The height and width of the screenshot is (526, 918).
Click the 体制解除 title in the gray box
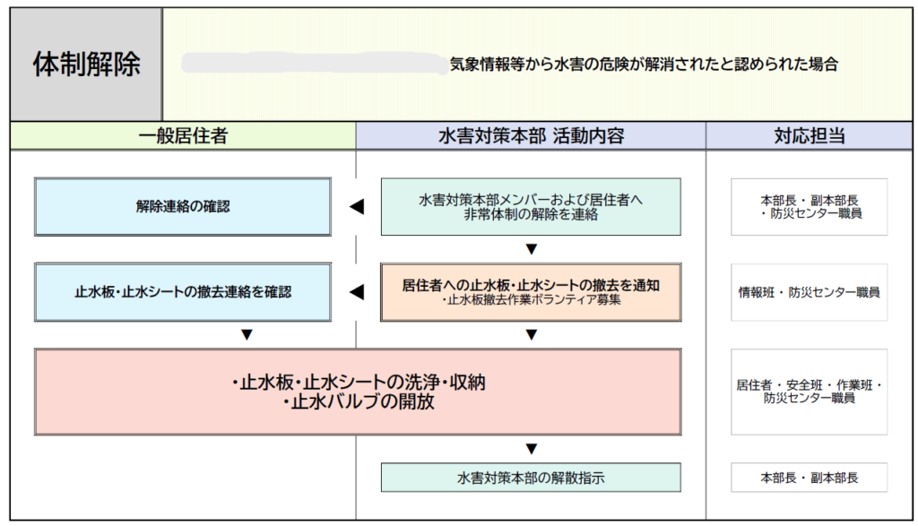[87, 65]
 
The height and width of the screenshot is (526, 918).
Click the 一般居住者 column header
[183, 136]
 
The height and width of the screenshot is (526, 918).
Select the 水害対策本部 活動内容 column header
[531, 136]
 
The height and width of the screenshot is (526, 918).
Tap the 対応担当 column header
[810, 136]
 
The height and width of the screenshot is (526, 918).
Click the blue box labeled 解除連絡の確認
[183, 206]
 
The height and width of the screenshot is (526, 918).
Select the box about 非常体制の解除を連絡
[531, 206]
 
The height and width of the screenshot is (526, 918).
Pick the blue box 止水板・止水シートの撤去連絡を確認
[183, 292]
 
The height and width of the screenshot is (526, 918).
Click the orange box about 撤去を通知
[531, 292]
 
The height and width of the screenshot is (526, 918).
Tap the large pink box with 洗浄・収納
[358, 392]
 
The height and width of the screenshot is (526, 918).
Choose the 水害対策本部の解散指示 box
[531, 478]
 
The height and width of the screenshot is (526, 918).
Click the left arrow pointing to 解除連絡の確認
[357, 206]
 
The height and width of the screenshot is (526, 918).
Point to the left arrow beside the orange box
[357, 292]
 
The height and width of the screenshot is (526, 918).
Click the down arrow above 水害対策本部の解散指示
[531, 449]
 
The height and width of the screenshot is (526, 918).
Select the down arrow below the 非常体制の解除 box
[531, 249]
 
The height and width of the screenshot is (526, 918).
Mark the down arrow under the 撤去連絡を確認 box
[247, 334]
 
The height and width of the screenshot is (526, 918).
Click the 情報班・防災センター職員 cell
[810, 292]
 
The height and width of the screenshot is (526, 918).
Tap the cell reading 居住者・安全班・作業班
[810, 392]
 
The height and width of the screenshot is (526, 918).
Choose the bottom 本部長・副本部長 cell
[810, 478]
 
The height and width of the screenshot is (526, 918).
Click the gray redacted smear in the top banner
[315, 64]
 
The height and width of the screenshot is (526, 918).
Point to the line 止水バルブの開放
[358, 402]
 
